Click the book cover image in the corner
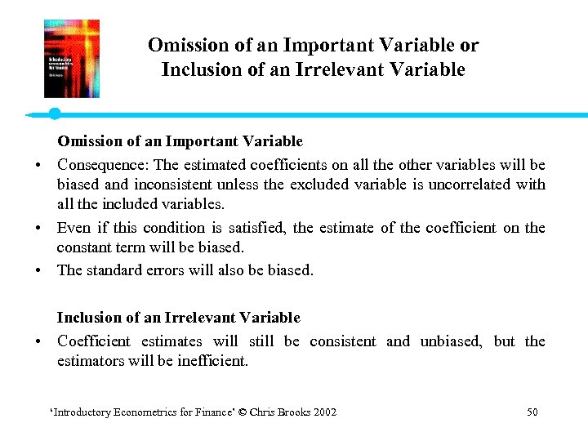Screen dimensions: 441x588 (72, 59)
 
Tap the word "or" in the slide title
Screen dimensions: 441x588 (469, 45)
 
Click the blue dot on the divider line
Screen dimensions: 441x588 (54, 114)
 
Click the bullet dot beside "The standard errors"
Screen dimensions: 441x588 (39, 270)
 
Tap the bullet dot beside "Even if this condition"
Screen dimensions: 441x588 (39, 229)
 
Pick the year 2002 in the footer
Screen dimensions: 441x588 (324, 412)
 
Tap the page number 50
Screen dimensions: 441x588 (532, 412)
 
